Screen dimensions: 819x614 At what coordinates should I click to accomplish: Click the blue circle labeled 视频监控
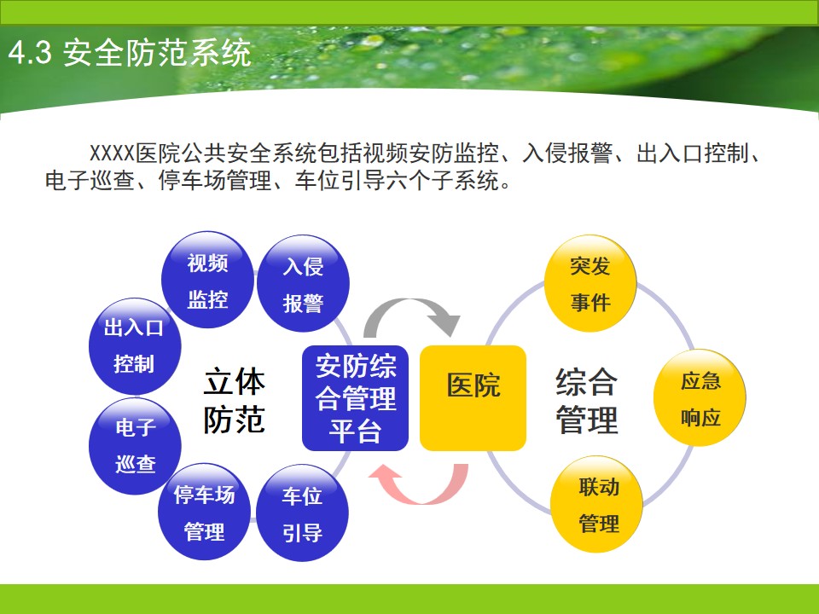tap(207, 280)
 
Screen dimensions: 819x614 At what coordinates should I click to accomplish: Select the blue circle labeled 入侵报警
tap(303, 283)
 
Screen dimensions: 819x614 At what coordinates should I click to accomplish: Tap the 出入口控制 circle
tap(135, 346)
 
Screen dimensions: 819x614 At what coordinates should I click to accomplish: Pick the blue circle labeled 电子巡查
tap(135, 446)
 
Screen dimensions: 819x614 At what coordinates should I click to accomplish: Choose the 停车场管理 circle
tap(204, 512)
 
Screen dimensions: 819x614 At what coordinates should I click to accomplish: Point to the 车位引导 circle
tap(302, 513)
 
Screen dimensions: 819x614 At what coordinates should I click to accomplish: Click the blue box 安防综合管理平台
tap(355, 398)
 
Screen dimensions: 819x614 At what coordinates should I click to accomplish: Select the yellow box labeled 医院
tap(473, 398)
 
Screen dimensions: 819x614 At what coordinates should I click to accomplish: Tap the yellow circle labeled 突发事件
tap(590, 283)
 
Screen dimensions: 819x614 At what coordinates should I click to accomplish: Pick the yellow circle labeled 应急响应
tap(700, 398)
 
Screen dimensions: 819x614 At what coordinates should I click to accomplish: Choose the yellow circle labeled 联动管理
tap(597, 504)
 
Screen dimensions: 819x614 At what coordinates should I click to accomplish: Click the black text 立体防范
tap(234, 401)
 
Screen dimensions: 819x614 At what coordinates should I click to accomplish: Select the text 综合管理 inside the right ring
tap(587, 401)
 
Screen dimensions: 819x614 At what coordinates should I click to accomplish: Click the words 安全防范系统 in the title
tap(157, 53)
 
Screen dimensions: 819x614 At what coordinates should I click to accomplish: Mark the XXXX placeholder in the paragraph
tap(113, 153)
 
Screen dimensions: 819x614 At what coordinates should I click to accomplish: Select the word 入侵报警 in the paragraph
tap(568, 153)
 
